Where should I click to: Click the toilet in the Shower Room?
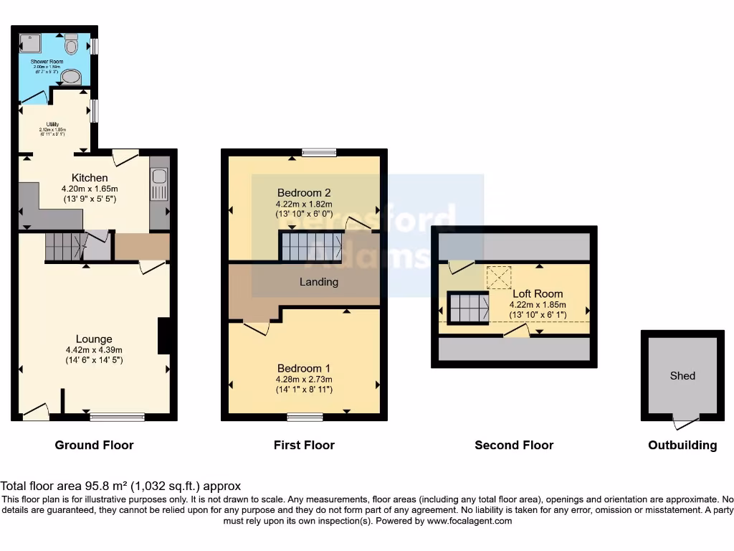pyautogui.click(x=71, y=44)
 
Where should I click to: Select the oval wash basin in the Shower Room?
pyautogui.click(x=71, y=77)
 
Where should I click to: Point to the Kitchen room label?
pyautogui.click(x=90, y=178)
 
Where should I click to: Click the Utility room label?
pyautogui.click(x=52, y=124)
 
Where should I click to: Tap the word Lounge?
pyautogui.click(x=94, y=339)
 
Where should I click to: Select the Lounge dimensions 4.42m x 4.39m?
pyautogui.click(x=94, y=350)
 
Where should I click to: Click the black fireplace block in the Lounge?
pyautogui.click(x=164, y=336)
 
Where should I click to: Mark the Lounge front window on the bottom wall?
pyautogui.click(x=117, y=416)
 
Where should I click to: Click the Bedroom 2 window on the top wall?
pyautogui.click(x=319, y=152)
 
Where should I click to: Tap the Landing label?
pyautogui.click(x=318, y=282)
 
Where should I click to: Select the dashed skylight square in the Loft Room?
pyautogui.click(x=499, y=278)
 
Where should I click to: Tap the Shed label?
pyautogui.click(x=682, y=375)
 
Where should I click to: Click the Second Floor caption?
pyautogui.click(x=514, y=446)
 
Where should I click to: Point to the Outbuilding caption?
pyautogui.click(x=682, y=446)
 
